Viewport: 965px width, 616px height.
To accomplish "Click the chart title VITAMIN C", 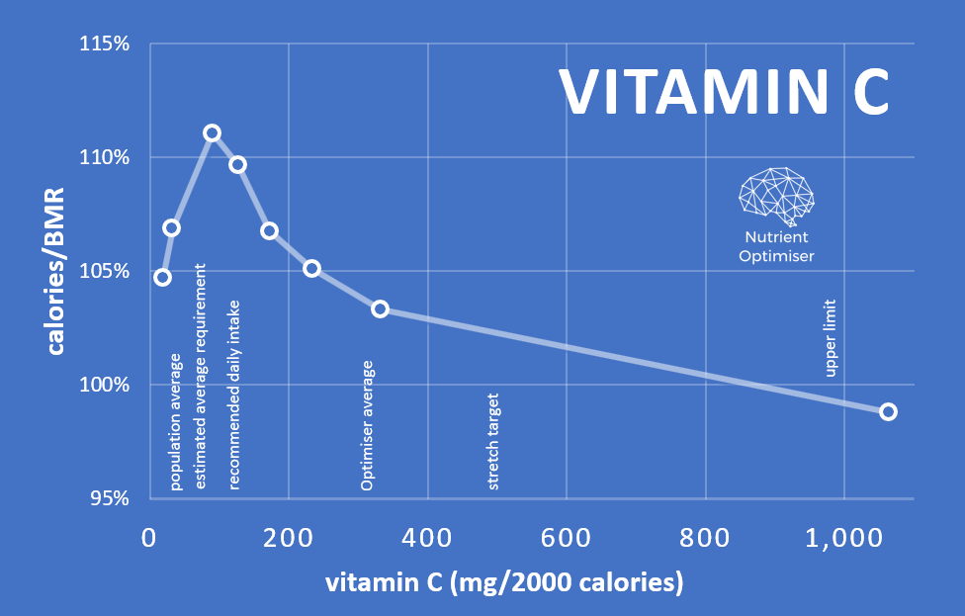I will pyautogui.click(x=725, y=91).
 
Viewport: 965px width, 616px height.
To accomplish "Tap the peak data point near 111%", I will pyautogui.click(x=212, y=132).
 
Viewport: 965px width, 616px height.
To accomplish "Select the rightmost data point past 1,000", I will pyautogui.click(x=888, y=411).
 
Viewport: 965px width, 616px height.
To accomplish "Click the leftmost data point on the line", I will pyautogui.click(x=162, y=277).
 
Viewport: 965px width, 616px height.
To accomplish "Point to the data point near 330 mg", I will pyautogui.click(x=380, y=308).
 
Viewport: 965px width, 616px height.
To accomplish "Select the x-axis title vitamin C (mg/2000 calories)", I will pyautogui.click(x=504, y=583).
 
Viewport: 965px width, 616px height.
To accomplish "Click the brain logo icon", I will pyautogui.click(x=777, y=195).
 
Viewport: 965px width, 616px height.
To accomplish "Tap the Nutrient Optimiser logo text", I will pyautogui.click(x=776, y=246).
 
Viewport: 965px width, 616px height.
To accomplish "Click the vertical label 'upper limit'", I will pyautogui.click(x=831, y=338).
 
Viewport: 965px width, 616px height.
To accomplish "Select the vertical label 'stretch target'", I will pyautogui.click(x=493, y=442).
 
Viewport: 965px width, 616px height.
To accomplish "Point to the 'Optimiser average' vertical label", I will pyautogui.click(x=367, y=426).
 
